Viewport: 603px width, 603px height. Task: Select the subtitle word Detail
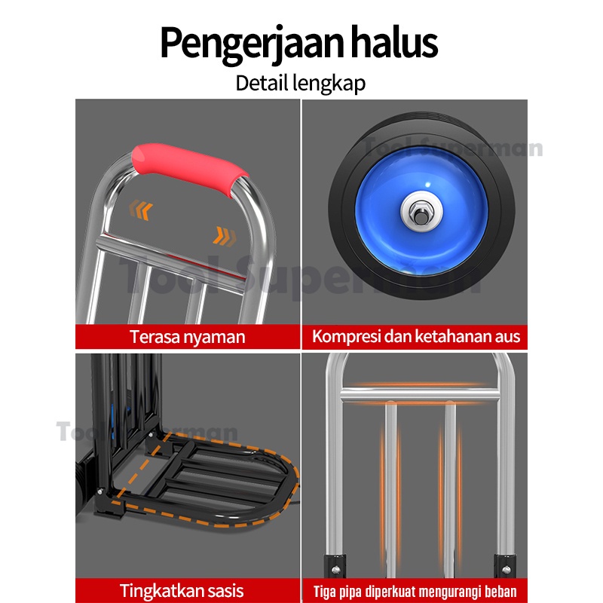coord(261,82)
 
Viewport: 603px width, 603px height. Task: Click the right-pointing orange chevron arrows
coord(223,236)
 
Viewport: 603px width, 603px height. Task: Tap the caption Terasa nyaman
coord(187,336)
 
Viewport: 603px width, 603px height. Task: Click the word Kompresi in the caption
coord(347,336)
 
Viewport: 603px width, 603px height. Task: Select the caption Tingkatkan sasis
coord(182,590)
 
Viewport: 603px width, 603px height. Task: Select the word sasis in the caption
coord(222,590)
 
